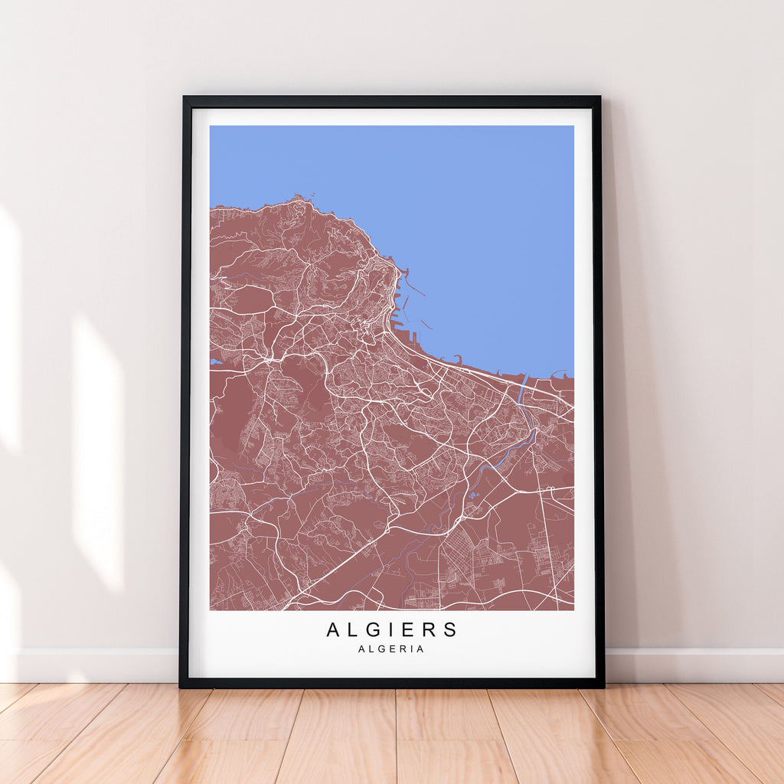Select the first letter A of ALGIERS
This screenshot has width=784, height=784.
[x=333, y=630]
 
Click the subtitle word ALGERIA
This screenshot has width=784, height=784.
[x=390, y=649]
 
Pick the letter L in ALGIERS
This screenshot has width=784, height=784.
[x=350, y=630]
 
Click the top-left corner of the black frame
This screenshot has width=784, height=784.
[x=185, y=98]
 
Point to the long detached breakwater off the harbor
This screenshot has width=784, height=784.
[x=413, y=289]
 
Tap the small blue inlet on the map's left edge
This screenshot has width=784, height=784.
[x=214, y=361]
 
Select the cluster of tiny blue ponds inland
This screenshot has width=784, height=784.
[x=472, y=495]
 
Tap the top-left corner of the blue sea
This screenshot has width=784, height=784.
[x=211, y=127]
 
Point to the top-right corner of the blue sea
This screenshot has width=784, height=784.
[x=572, y=127]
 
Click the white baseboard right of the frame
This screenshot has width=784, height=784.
[x=693, y=665]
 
